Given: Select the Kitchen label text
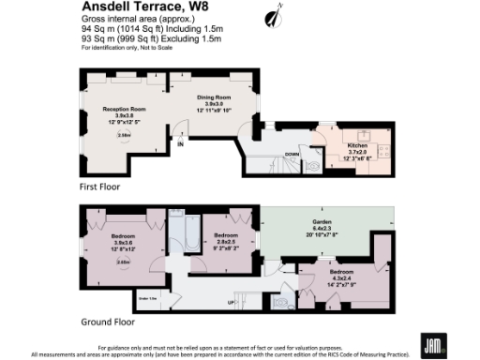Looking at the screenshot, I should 358,147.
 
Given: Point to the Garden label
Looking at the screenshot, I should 322,222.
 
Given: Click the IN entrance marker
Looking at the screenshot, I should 181,143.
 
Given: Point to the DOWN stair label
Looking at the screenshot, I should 292,155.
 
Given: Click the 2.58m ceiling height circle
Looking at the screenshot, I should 123,135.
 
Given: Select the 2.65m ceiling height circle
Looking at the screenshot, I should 123,262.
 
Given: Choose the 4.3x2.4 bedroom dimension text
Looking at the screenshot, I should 334,274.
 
